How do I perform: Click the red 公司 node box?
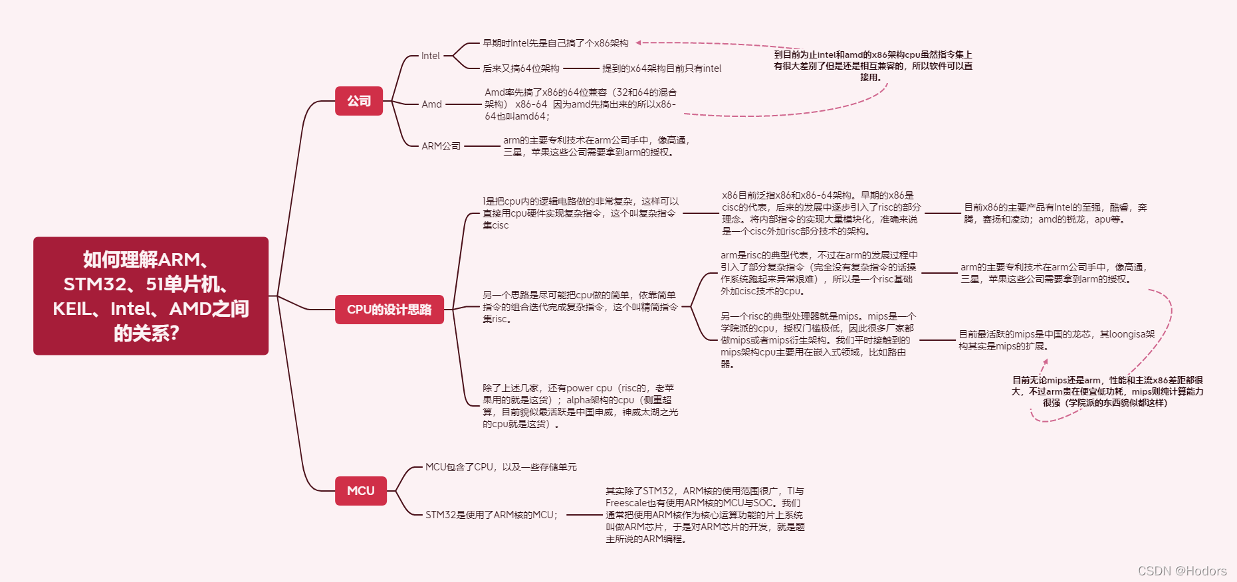(x=359, y=101)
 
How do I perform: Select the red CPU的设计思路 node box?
(x=389, y=310)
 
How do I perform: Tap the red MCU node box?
(x=360, y=491)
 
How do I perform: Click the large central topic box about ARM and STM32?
(x=151, y=296)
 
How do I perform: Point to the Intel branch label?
(x=430, y=56)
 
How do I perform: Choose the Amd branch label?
(x=431, y=104)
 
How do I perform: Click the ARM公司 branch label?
(x=441, y=146)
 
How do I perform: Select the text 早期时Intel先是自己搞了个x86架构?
(x=555, y=43)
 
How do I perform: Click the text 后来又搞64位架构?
(x=520, y=68)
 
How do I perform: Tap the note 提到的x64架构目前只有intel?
(x=661, y=68)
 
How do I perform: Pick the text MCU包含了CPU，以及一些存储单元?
(x=501, y=467)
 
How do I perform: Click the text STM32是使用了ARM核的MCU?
(x=491, y=515)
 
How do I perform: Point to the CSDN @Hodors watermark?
(x=1182, y=571)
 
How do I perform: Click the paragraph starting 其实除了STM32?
(x=705, y=515)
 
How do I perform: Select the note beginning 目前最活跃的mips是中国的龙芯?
(x=1056, y=340)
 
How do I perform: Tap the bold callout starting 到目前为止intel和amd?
(x=873, y=66)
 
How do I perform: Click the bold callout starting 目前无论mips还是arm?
(x=1107, y=391)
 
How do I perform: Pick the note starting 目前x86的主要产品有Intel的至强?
(x=1056, y=213)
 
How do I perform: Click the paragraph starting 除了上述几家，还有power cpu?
(x=580, y=406)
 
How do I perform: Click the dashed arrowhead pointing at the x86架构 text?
(x=638, y=43)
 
